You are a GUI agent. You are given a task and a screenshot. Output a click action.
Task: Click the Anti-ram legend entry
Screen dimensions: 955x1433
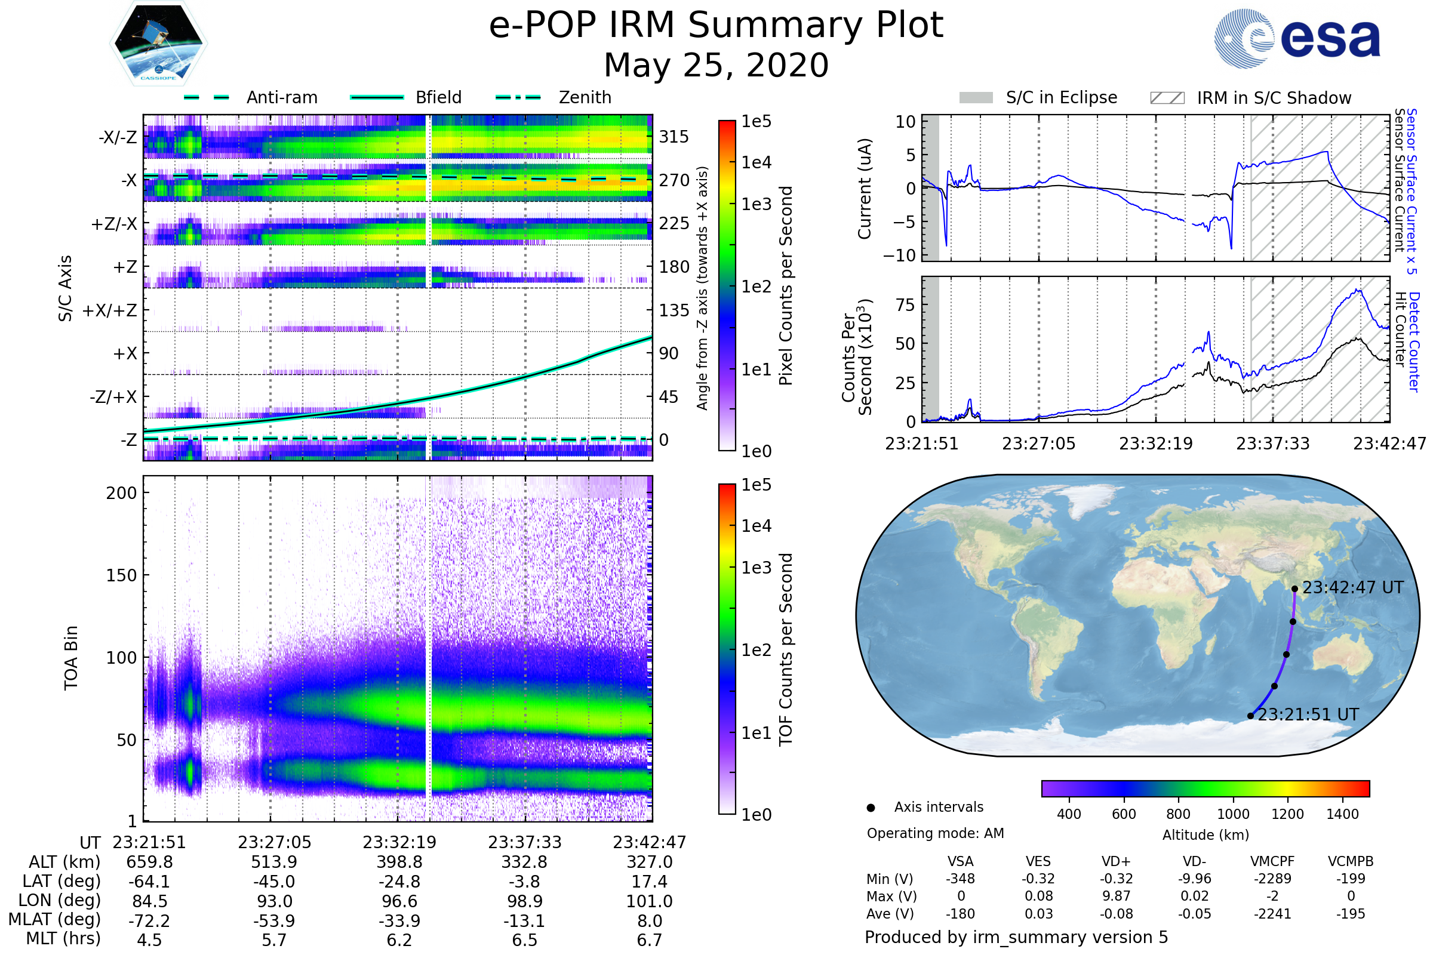pyautogui.click(x=281, y=97)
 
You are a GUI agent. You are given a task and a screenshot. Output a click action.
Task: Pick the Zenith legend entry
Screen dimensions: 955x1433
pyautogui.click(x=585, y=97)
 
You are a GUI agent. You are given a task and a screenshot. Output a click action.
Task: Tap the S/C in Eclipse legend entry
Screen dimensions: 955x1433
pyautogui.click(x=1061, y=97)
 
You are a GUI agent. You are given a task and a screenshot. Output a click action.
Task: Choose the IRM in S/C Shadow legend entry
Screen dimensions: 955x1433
pyautogui.click(x=1274, y=98)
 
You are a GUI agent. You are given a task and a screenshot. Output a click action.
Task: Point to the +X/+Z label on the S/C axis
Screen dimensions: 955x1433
pyautogui.click(x=110, y=310)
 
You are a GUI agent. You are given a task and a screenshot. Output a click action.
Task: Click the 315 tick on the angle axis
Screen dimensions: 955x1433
pyautogui.click(x=674, y=137)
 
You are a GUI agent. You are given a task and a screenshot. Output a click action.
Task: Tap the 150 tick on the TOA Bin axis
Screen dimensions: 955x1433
pyautogui.click(x=121, y=575)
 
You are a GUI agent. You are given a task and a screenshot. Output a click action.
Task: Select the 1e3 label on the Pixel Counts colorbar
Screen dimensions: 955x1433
pyautogui.click(x=756, y=204)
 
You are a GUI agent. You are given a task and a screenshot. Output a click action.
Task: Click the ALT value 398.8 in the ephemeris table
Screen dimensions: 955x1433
pyautogui.click(x=399, y=862)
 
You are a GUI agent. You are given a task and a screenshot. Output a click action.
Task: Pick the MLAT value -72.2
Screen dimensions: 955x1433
pyautogui.click(x=149, y=921)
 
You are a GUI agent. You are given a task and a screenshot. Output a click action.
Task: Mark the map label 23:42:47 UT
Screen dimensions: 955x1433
pyautogui.click(x=1352, y=588)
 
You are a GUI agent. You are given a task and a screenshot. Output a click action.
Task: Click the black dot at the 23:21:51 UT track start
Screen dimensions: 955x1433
pyautogui.click(x=1250, y=716)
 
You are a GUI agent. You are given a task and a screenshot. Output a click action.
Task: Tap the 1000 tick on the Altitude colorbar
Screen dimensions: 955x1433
pyautogui.click(x=1232, y=814)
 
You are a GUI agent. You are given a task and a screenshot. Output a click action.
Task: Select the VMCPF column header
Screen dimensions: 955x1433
pyautogui.click(x=1272, y=862)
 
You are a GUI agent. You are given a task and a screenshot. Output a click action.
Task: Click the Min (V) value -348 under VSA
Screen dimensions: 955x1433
pyautogui.click(x=960, y=879)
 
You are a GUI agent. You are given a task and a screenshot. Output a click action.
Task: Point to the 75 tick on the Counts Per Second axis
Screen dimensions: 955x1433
pyautogui.click(x=905, y=304)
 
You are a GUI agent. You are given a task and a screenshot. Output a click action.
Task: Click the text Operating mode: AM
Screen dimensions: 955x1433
pyautogui.click(x=935, y=833)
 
